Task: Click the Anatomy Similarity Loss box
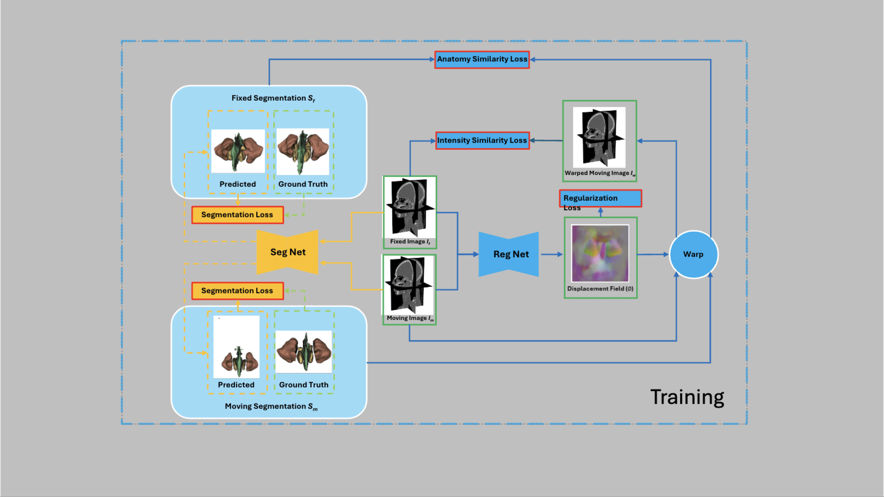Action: [x=482, y=59]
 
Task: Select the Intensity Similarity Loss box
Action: [x=482, y=140]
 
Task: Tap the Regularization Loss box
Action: [x=600, y=198]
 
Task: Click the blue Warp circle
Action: [x=693, y=254]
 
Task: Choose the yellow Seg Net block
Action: [x=287, y=252]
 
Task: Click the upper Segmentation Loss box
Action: [x=237, y=215]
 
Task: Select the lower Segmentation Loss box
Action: [x=237, y=291]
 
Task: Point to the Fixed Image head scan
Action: [x=410, y=207]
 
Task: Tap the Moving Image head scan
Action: [x=409, y=284]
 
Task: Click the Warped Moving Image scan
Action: [x=599, y=137]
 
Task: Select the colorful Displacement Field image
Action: [x=600, y=253]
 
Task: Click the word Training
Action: [x=687, y=397]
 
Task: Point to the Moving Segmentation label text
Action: [x=271, y=406]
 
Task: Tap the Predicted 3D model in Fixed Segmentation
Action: [x=238, y=150]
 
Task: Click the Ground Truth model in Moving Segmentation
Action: [x=304, y=352]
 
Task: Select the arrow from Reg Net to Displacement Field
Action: [x=552, y=254]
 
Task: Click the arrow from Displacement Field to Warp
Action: [x=653, y=254]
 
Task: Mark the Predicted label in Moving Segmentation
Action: [x=236, y=385]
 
